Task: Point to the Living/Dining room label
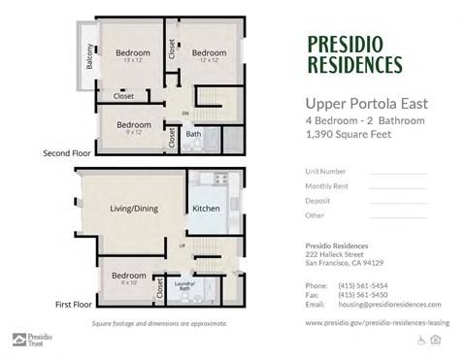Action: (134, 208)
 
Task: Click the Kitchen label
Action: (207, 208)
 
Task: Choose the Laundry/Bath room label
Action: (184, 285)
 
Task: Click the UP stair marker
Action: (182, 245)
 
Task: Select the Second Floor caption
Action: (67, 153)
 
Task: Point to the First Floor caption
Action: (73, 303)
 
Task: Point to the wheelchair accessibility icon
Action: (421, 339)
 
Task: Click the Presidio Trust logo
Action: (30, 340)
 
